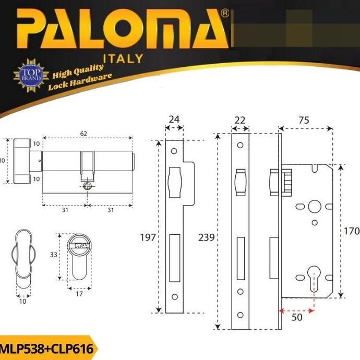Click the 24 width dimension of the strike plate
pos(173,119)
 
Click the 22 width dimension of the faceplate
pos(241,119)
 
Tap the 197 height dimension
pos(148,238)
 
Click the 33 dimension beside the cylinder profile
pos(53,256)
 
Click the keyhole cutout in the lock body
pos(314,275)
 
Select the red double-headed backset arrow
pos(296,310)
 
